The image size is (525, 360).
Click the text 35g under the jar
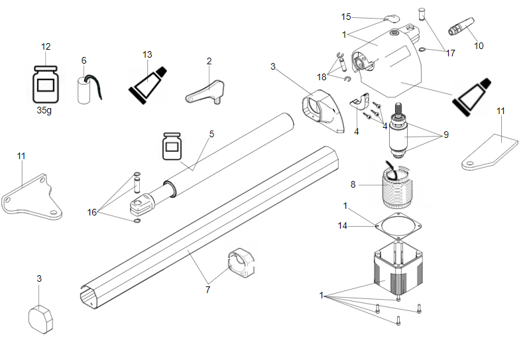46,111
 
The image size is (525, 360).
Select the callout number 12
46,46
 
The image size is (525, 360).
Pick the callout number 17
451,53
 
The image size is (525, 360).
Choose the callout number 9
445,135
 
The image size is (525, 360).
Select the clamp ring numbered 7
241,264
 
